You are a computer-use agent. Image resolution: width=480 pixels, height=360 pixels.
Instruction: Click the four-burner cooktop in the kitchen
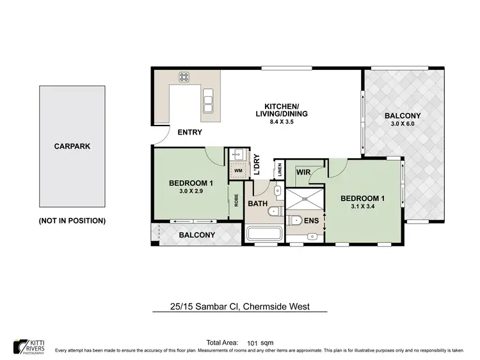pyautogui.click(x=184, y=77)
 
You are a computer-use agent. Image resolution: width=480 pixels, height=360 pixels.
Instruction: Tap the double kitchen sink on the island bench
pyautogui.click(x=209, y=99)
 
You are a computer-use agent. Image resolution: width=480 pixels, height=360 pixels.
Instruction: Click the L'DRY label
pyautogui.click(x=257, y=166)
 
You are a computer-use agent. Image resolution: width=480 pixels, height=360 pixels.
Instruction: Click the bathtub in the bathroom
pyautogui.click(x=262, y=233)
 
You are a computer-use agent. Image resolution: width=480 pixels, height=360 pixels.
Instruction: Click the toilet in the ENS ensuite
pyautogui.click(x=294, y=220)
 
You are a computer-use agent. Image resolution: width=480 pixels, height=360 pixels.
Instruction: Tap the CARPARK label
pyautogui.click(x=72, y=146)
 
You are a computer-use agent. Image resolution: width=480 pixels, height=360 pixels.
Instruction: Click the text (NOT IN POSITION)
pyautogui.click(x=72, y=220)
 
